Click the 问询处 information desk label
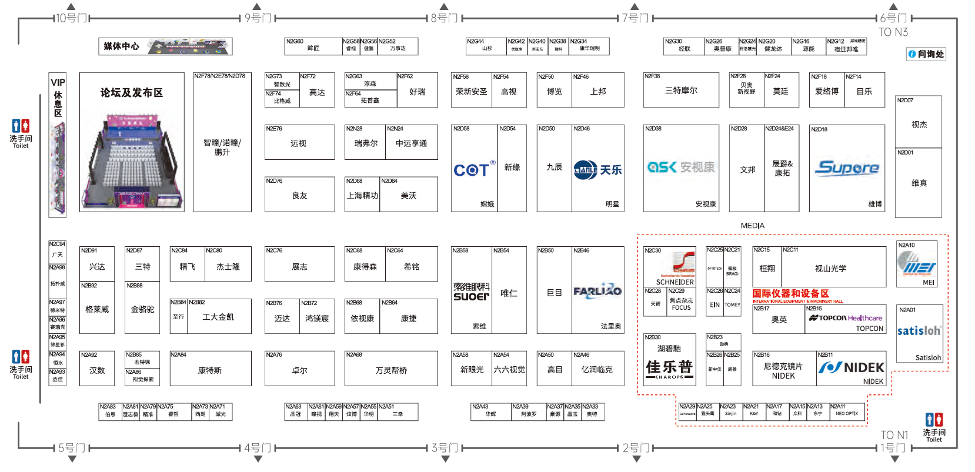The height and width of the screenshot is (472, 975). click(x=926, y=54)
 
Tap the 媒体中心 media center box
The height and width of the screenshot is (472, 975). click(x=165, y=46)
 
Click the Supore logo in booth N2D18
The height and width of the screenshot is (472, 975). click(x=847, y=168)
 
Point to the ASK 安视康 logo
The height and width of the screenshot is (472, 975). click(x=681, y=168)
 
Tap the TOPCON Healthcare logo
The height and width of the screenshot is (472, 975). click(x=845, y=318)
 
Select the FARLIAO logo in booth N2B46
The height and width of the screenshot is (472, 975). click(x=597, y=291)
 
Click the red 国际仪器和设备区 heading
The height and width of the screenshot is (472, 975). click(x=790, y=293)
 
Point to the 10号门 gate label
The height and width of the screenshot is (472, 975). click(x=71, y=18)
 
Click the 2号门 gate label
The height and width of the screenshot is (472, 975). click(x=635, y=448)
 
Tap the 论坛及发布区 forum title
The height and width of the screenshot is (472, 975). click(x=132, y=93)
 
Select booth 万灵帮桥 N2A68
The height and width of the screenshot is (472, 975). click(x=391, y=370)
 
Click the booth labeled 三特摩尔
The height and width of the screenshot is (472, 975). click(x=681, y=91)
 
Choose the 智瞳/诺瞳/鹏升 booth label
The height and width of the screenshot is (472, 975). click(x=222, y=147)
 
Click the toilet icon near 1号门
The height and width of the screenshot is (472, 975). click(x=934, y=420)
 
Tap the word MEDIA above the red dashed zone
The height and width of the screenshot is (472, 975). click(x=753, y=226)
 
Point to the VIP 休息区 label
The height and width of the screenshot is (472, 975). click(x=58, y=97)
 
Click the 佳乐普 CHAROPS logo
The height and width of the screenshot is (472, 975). click(x=669, y=369)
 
